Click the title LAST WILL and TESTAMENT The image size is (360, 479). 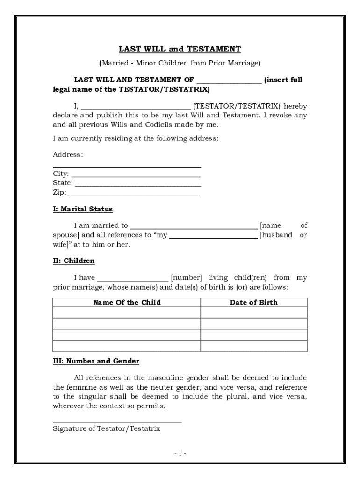click(180, 49)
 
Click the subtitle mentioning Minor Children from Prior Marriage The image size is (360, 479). click(180, 63)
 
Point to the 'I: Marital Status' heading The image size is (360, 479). click(83, 209)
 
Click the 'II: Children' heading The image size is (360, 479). click(73, 261)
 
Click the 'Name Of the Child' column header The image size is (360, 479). click(127, 303)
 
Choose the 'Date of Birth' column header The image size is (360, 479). click(254, 303)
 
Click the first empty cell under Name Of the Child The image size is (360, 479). click(127, 313)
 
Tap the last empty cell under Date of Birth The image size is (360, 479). click(254, 346)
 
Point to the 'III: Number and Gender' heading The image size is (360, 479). click(96, 362)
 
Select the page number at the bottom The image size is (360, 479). click(180, 453)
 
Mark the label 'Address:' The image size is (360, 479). click(68, 154)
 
